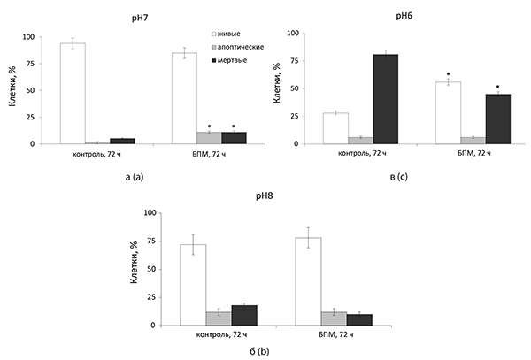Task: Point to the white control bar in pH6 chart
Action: (335, 128)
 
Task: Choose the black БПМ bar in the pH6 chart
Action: (499, 119)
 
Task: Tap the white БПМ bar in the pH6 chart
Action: (448, 113)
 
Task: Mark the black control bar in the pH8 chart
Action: (244, 316)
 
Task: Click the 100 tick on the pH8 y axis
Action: (150, 213)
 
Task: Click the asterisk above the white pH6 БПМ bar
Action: (448, 74)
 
